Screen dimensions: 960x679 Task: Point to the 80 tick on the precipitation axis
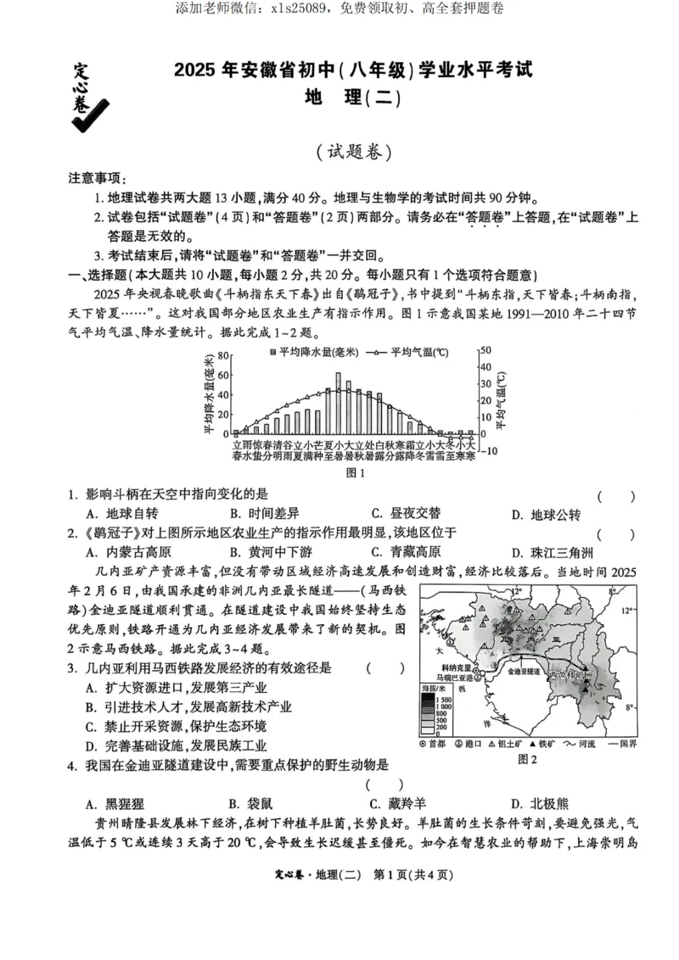click(x=223, y=355)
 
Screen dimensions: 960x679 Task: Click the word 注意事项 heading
click(x=96, y=179)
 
